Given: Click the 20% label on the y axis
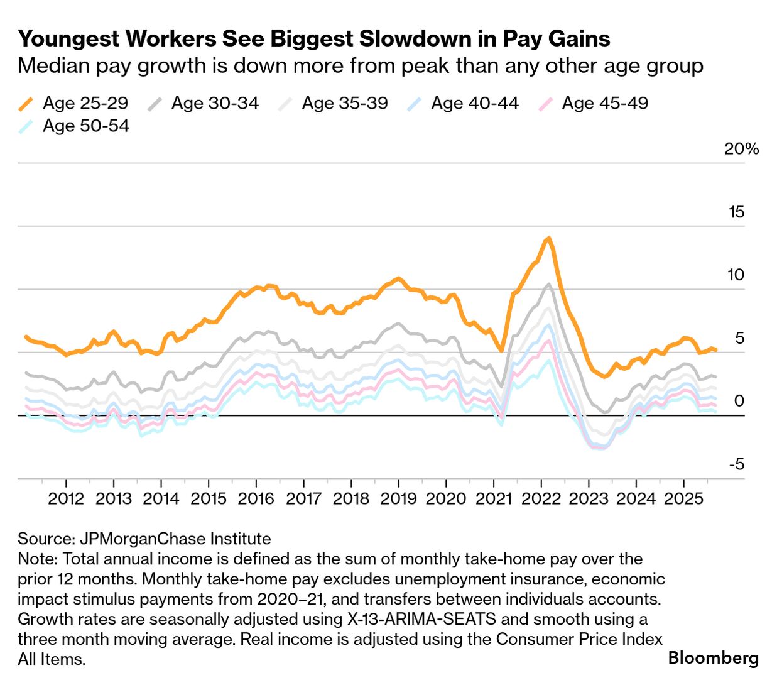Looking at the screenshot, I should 741,149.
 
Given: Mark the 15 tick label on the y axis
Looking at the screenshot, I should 736,212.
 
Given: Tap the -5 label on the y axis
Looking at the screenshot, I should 736,464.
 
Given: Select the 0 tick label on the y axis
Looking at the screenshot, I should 739,401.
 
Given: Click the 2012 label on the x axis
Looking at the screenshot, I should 66,499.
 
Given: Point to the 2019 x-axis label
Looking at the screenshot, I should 398,499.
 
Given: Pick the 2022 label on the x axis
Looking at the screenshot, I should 541,499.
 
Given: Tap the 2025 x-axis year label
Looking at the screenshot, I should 683,499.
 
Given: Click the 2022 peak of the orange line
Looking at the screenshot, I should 549,238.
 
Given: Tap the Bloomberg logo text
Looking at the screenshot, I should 714,658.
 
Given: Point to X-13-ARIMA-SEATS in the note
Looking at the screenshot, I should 421,619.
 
